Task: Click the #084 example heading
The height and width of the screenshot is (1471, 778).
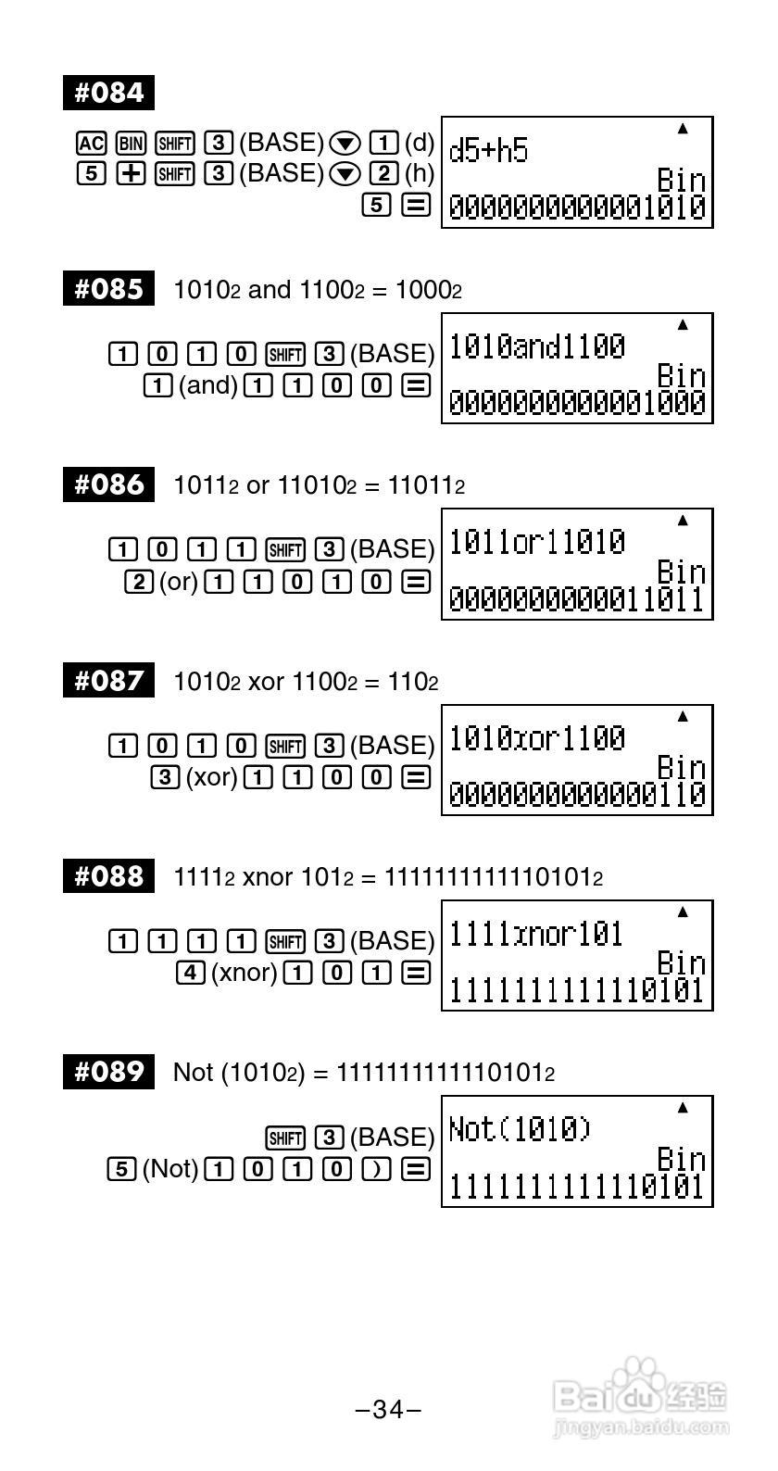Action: [108, 93]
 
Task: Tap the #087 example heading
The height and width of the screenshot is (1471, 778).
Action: [108, 681]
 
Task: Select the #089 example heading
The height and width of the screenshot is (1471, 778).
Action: [108, 1072]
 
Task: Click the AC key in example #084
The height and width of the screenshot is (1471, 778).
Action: [91, 144]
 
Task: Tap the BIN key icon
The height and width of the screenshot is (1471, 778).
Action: [130, 144]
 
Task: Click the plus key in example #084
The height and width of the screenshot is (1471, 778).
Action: [130, 174]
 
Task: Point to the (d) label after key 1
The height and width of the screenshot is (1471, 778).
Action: [420, 143]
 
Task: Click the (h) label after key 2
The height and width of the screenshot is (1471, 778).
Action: [420, 173]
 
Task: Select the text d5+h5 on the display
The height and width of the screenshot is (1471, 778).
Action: [488, 150]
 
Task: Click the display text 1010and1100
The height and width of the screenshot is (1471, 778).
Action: [536, 346]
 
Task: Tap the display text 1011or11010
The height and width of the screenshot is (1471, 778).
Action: [536, 542]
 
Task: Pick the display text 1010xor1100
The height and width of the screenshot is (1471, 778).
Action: [536, 738]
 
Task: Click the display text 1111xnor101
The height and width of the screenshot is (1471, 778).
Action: [536, 934]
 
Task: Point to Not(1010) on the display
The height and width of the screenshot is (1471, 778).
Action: [519, 1129]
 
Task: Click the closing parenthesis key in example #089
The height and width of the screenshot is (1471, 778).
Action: [378, 1169]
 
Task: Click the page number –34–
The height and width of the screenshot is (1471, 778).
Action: [389, 1410]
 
